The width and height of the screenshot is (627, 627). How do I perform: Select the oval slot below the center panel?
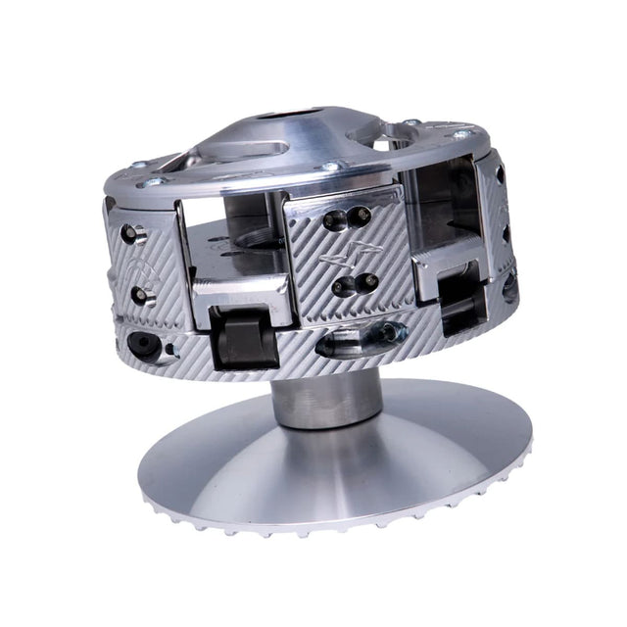click(x=362, y=337)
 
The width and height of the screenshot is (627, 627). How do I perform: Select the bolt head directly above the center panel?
click(x=330, y=169)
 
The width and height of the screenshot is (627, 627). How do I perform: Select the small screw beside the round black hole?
click(x=169, y=349)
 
